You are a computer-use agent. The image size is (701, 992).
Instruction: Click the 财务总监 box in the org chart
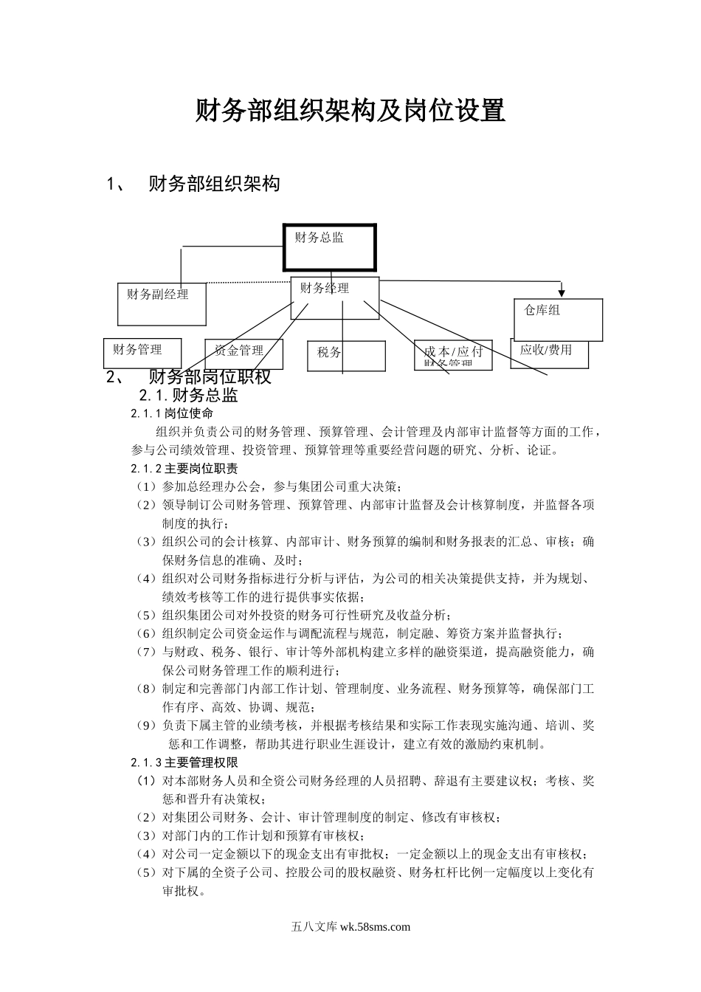[x=330, y=247]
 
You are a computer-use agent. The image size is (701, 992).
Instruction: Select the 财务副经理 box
[x=162, y=303]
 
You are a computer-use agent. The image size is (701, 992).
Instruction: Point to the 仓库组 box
[x=559, y=320]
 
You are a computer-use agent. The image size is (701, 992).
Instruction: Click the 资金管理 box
[x=243, y=353]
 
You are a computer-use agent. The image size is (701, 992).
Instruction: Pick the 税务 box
[x=345, y=355]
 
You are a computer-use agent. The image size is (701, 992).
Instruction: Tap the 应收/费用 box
[x=549, y=352]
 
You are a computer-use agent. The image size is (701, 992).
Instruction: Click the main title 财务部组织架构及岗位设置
[x=350, y=111]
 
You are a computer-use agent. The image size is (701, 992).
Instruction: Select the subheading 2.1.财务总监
[x=189, y=396]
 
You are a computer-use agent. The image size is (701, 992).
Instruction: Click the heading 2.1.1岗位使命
[x=172, y=413]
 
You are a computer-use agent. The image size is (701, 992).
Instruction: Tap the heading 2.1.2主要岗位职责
[x=184, y=469]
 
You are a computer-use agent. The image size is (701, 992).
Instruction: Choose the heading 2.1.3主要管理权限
[x=184, y=762]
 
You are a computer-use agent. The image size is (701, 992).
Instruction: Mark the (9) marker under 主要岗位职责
[x=145, y=726]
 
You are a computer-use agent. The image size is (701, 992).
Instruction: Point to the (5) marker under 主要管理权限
[x=145, y=872]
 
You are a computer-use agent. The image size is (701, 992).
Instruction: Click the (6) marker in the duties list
[x=145, y=633]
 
